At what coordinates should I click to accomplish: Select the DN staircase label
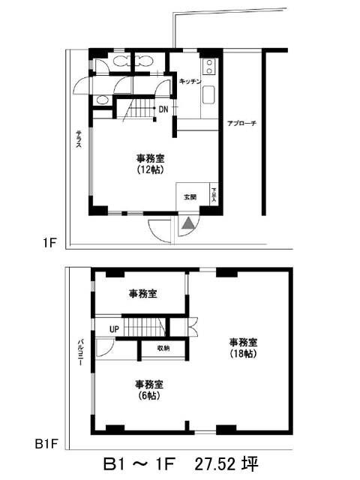[163, 109]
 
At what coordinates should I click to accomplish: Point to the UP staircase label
[114, 328]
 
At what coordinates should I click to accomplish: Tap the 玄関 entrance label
[190, 196]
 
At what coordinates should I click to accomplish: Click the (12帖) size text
[150, 170]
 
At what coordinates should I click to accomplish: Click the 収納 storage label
[163, 348]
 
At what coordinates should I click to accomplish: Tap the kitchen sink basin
[209, 95]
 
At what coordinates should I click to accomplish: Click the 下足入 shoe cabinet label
[213, 196]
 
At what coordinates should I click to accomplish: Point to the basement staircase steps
[144, 327]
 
